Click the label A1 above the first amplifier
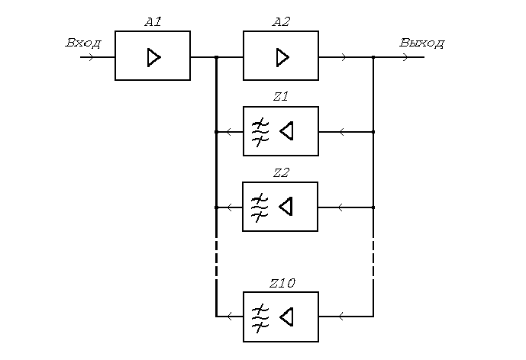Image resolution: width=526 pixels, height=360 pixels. [x=153, y=22]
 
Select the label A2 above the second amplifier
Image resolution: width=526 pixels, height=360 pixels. [x=281, y=22]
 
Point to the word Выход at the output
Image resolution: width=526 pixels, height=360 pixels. [x=421, y=43]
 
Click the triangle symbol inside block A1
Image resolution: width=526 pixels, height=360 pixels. [x=154, y=56]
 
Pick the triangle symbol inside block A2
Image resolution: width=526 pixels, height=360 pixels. [x=282, y=56]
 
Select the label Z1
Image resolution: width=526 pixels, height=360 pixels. [x=280, y=97]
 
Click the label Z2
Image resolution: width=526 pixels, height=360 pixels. [x=280, y=172]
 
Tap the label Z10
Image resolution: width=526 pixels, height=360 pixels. [x=282, y=283]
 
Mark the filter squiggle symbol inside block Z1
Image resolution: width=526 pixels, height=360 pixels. [x=260, y=131]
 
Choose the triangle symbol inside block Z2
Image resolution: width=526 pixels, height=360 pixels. [x=286, y=207]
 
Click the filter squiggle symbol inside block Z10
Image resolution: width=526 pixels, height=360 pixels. [x=260, y=317]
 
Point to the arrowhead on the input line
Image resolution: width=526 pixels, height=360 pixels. [x=92, y=57]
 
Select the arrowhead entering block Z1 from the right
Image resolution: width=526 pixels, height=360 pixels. [x=341, y=132]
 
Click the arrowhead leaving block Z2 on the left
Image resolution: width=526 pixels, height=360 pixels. [x=229, y=207]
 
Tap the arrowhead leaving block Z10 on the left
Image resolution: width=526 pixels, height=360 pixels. [x=229, y=317]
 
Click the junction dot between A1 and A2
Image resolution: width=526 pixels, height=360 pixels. [x=217, y=57]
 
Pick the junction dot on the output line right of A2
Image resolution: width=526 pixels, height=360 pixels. [x=373, y=57]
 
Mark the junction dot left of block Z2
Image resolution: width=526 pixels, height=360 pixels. [x=217, y=207]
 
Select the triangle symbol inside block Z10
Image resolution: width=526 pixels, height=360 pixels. [x=286, y=317]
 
